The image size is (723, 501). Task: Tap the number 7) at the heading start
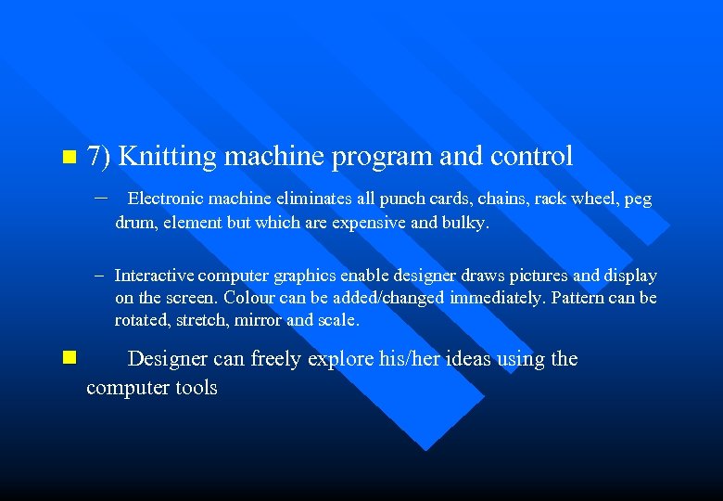point(98,156)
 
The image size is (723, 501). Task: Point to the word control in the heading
point(532,156)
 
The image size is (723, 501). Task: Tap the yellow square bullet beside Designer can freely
point(66,356)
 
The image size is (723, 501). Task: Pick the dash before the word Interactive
point(100,276)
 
